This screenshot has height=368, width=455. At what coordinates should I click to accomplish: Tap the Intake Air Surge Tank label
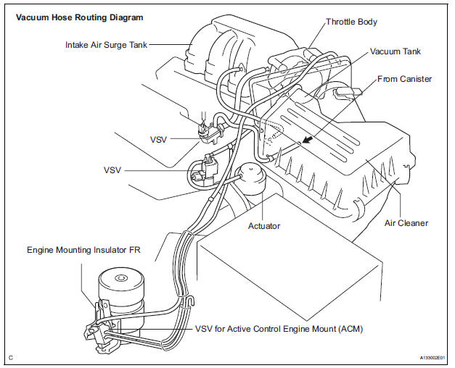(104, 44)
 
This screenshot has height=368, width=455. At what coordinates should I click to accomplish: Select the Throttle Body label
(352, 22)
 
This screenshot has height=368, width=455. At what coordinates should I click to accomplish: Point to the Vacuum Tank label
(395, 52)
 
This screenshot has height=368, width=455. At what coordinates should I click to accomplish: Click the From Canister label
(405, 78)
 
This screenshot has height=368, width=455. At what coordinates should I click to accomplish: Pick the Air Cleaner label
(406, 223)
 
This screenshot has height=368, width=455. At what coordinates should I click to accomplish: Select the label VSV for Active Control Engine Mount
(279, 328)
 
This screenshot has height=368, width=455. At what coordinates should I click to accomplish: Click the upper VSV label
(158, 139)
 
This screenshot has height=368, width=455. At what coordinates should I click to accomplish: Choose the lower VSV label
(112, 170)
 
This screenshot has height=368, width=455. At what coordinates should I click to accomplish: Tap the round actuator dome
(248, 178)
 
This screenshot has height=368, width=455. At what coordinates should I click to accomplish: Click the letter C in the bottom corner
(10, 357)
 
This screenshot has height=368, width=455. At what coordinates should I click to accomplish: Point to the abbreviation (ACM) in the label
(347, 328)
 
